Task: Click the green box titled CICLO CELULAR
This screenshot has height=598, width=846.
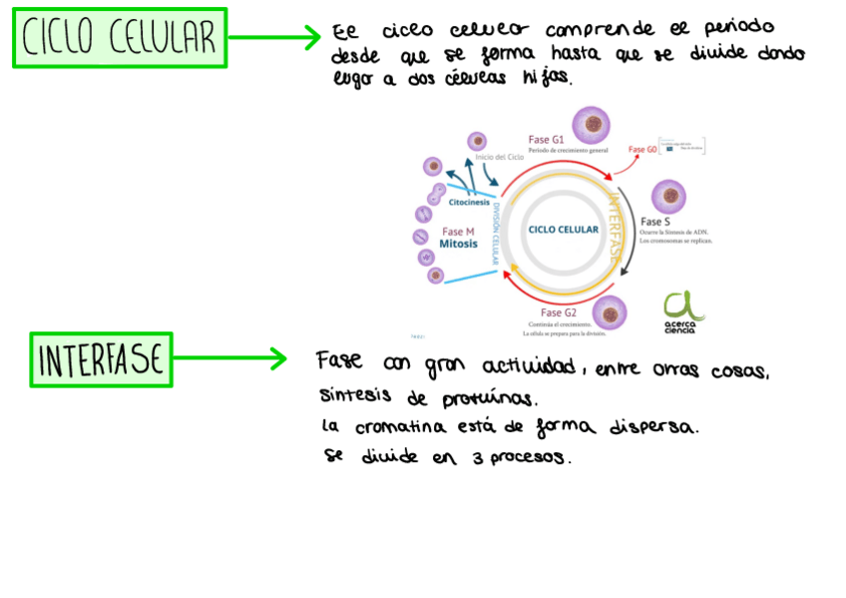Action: pos(120,38)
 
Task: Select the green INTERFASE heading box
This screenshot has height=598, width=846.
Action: pos(101,359)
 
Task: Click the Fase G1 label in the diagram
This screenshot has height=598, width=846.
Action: pos(546,139)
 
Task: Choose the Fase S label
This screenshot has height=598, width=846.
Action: pos(655,222)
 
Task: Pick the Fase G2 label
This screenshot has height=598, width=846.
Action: pos(559,313)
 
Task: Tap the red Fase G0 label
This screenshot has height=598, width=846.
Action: pos(642,150)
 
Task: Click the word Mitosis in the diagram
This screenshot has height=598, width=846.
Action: pos(458,244)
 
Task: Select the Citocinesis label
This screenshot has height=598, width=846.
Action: pos(469,203)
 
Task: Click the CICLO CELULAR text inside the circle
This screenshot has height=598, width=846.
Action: pos(564,230)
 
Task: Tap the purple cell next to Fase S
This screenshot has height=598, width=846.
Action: pos(669,196)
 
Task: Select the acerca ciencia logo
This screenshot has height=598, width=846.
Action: pos(683,311)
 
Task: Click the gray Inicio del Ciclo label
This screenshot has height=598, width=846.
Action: pos(499,158)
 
